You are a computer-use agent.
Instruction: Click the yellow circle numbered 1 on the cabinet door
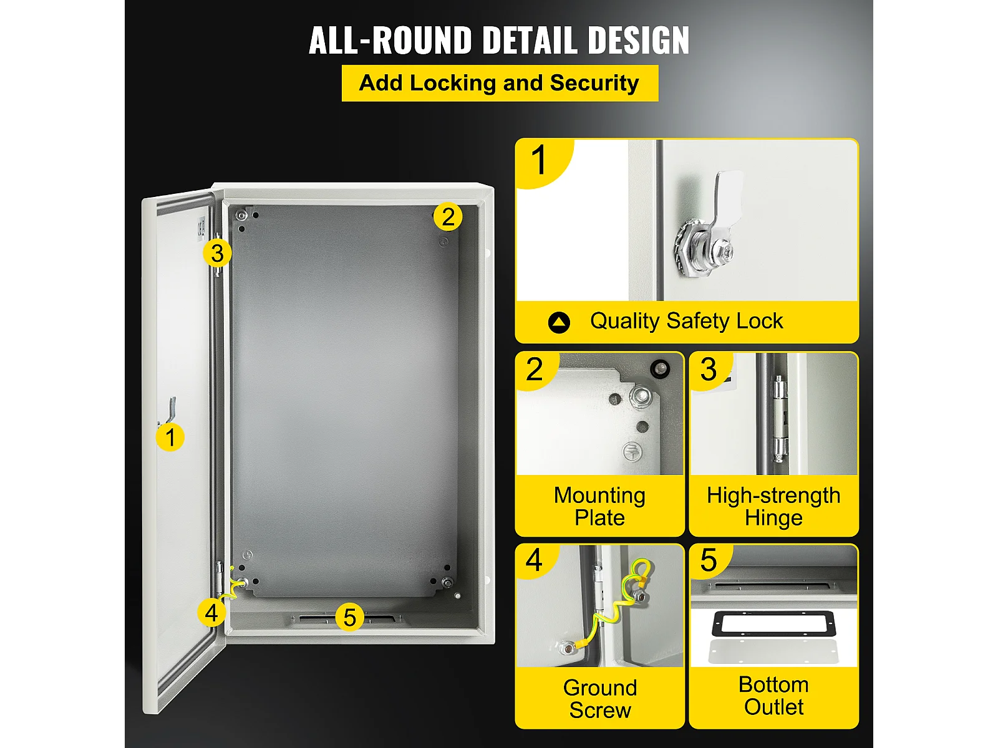(x=170, y=438)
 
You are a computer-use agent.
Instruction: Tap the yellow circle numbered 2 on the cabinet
(x=448, y=216)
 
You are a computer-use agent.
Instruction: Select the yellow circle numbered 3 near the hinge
(x=217, y=252)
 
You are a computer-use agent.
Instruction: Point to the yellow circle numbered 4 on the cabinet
(x=211, y=613)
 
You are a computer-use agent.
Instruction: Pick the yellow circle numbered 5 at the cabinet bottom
(x=349, y=616)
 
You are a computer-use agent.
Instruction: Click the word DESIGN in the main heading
(x=638, y=40)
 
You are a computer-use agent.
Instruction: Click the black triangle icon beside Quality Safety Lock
(x=559, y=322)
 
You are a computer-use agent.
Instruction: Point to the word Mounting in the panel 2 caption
(x=599, y=496)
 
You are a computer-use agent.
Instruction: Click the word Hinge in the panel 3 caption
(x=773, y=518)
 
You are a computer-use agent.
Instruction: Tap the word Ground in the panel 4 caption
(x=599, y=688)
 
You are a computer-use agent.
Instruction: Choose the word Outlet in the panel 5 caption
(x=774, y=707)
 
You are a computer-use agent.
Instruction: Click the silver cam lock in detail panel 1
(x=708, y=229)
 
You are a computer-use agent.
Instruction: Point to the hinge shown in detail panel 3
(x=779, y=418)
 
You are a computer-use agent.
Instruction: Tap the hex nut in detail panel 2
(x=640, y=397)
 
